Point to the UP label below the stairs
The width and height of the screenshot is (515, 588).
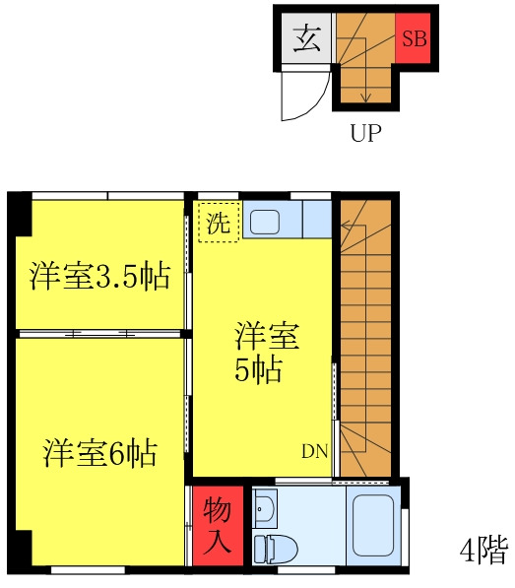pos(365,134)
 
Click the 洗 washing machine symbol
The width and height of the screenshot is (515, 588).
pos(218,221)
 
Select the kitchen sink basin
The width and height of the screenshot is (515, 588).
pos(264,220)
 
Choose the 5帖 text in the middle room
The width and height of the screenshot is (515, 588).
pos(259,371)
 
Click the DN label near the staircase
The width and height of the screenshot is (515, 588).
pos(314,452)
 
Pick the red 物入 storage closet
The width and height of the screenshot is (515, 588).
pos(217,526)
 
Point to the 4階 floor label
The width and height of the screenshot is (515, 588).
pos(483,550)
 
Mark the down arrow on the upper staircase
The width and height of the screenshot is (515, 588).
pos(364,96)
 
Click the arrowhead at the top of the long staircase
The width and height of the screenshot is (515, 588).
pos(346,226)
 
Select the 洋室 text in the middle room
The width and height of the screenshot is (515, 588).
pos(267,336)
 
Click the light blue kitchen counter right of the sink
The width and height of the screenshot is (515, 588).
pos(316,219)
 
